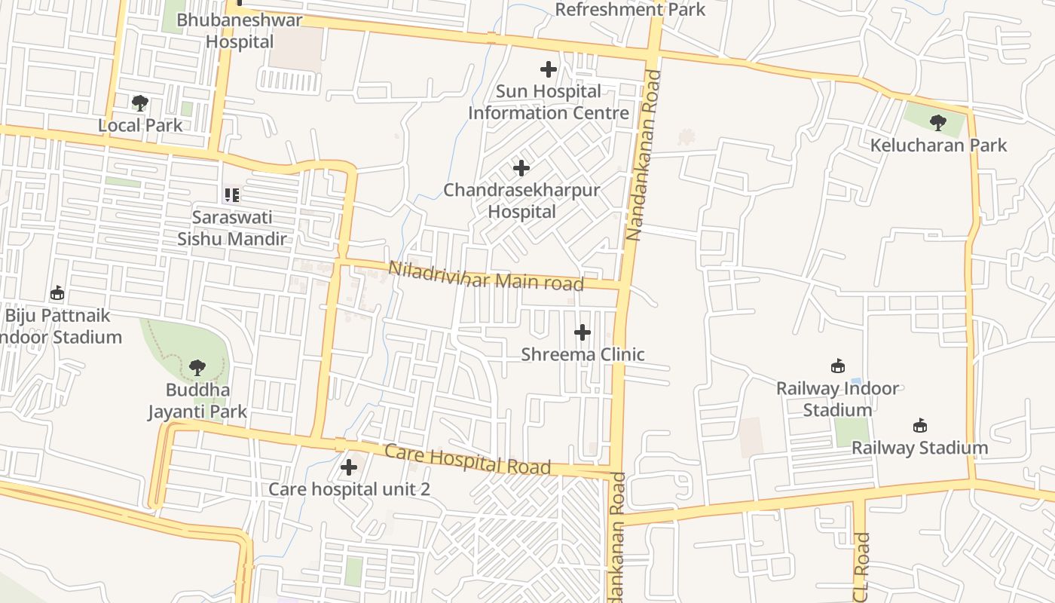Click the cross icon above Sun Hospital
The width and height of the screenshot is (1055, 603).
[x=549, y=69]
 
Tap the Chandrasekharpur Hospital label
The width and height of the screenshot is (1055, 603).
[x=521, y=200]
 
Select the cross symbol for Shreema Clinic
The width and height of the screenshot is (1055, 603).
[x=583, y=332]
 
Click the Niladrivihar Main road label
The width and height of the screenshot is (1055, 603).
[x=486, y=276]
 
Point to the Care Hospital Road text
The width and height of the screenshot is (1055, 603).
[x=467, y=459]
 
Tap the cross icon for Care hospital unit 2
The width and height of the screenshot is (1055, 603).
[x=348, y=467]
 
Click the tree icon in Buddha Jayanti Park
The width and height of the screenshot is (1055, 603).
[x=197, y=368]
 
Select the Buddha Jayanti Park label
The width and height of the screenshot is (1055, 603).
[x=197, y=401]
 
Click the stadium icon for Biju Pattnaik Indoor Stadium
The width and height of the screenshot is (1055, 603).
[x=57, y=292]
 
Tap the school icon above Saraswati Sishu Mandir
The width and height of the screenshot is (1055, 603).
[x=232, y=195]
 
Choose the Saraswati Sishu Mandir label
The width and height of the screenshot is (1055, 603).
[x=232, y=228]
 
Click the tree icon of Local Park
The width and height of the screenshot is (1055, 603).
[x=139, y=103]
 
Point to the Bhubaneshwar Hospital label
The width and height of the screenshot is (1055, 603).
[x=240, y=31]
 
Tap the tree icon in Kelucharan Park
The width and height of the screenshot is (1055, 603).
[x=937, y=122]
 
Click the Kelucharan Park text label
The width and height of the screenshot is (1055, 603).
[x=938, y=145]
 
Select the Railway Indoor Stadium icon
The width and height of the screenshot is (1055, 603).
[x=837, y=366]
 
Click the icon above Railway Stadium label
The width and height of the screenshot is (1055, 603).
[x=919, y=425]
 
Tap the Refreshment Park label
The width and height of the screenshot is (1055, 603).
[x=630, y=10]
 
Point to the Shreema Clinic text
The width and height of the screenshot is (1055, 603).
[x=583, y=354]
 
